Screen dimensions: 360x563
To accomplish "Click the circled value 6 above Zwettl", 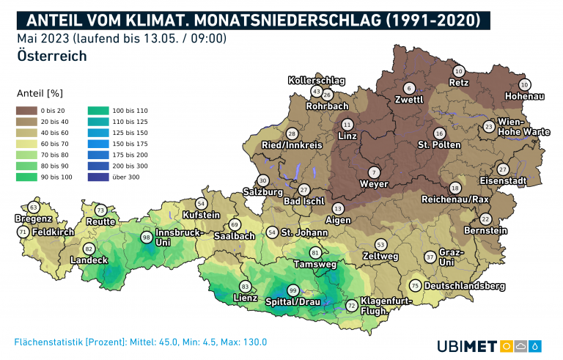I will (409, 89).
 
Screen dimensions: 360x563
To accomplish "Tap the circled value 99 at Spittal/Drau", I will (292, 290).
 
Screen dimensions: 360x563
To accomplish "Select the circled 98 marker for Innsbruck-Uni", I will (147, 238).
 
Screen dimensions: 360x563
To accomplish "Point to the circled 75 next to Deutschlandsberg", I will (415, 286).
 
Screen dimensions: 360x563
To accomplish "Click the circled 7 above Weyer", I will (374, 172).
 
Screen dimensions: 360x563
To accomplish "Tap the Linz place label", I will (347, 136).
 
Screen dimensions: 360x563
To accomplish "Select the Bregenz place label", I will (33, 218).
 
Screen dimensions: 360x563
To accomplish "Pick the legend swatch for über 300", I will (96, 177).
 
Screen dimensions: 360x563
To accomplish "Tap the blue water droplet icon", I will (537, 345).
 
